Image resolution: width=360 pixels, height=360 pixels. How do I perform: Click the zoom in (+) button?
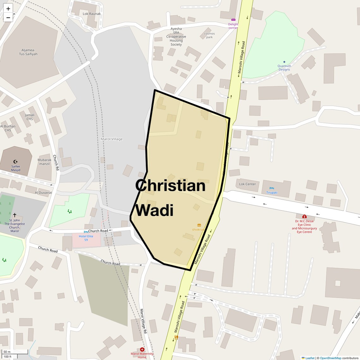(x=8, y=9)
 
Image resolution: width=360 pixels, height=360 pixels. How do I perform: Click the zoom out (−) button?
(x=8, y=18)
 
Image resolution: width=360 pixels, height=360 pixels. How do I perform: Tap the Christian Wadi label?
(x=170, y=198)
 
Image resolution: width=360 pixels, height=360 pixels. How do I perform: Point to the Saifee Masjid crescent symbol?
(x=15, y=162)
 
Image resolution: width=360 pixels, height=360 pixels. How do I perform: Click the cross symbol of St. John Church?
(x=15, y=215)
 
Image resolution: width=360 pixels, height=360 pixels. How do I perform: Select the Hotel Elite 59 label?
(x=86, y=238)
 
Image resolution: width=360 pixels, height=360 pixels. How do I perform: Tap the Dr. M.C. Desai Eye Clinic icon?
(x=304, y=217)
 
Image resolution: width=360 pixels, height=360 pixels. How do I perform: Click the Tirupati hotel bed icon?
(x=272, y=188)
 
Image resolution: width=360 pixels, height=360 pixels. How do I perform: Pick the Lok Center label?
(x=248, y=184)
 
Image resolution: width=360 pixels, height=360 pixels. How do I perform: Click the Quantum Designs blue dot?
(x=284, y=62)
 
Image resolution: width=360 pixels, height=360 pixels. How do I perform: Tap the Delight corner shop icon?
(x=233, y=20)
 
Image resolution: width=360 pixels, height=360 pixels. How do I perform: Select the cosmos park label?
(x=209, y=35)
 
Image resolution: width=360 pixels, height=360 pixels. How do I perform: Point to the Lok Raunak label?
(x=92, y=14)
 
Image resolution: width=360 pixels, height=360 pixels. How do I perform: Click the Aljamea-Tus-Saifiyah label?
(x=28, y=52)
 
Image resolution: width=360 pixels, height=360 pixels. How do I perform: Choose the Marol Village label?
(x=111, y=139)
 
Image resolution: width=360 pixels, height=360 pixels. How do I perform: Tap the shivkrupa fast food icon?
(x=199, y=225)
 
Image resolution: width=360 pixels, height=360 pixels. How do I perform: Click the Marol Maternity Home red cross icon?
(x=142, y=350)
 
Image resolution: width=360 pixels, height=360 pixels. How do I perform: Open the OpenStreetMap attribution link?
(x=331, y=358)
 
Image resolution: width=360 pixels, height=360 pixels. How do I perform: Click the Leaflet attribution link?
(x=309, y=358)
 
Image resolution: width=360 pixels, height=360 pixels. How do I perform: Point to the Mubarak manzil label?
(x=45, y=162)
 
